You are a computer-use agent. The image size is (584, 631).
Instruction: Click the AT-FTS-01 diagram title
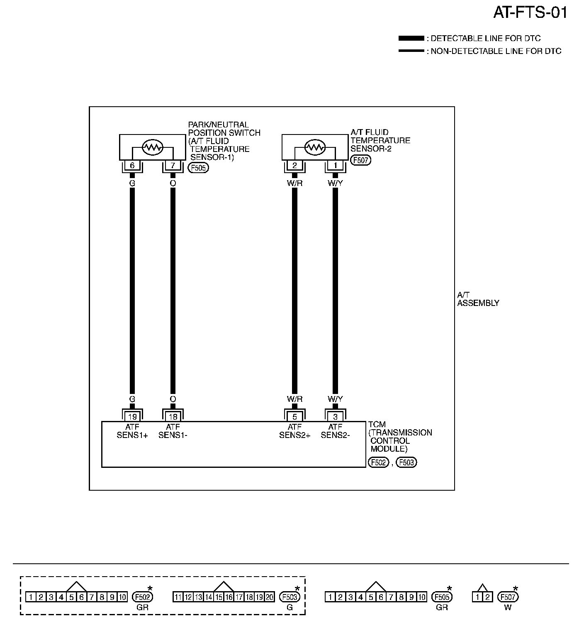point(530,13)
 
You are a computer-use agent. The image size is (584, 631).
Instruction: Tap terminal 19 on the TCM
point(132,417)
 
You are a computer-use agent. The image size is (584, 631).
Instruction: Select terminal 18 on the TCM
point(173,417)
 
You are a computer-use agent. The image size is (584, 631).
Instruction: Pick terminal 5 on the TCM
point(294,417)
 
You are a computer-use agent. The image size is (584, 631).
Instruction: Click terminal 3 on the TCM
point(335,417)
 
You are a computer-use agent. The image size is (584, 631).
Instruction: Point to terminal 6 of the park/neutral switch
point(132,166)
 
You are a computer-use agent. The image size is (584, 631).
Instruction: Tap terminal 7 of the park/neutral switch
point(173,166)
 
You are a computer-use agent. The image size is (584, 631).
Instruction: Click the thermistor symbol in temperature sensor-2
point(315,147)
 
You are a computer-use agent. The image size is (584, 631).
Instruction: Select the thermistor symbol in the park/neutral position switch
point(152,147)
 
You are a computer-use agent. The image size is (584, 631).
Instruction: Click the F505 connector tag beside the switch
point(199,168)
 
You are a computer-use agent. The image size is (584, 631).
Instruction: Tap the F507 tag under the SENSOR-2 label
point(360,160)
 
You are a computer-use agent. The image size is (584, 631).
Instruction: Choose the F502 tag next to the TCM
point(378,462)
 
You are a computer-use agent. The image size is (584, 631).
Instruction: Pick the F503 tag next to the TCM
point(406,462)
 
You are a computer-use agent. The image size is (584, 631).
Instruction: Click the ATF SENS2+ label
point(294,431)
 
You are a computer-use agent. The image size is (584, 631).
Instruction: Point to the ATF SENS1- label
point(173,431)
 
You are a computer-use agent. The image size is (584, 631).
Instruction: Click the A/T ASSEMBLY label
point(478,299)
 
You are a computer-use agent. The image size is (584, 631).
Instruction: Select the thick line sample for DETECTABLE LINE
point(411,39)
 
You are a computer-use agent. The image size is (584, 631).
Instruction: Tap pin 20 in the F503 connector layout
point(269,597)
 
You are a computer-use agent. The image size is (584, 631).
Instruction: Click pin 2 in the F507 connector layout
point(487,597)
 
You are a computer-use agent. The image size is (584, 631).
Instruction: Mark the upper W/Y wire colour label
point(335,183)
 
